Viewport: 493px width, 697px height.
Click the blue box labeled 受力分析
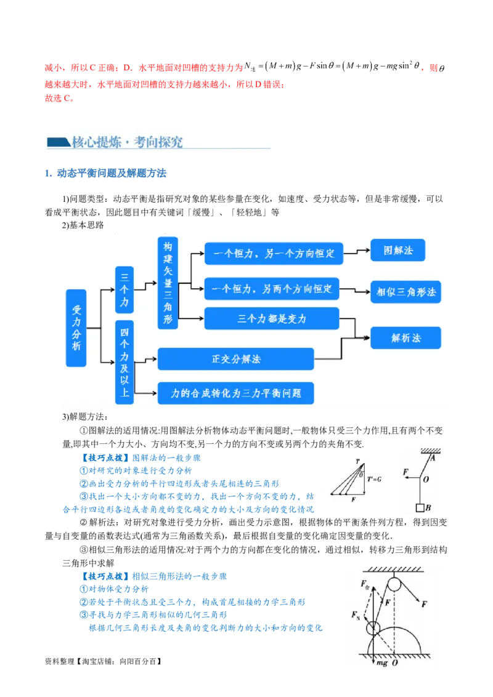[76, 328]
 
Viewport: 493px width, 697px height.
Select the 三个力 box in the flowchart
[124, 290]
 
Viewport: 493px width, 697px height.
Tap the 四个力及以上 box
[124, 362]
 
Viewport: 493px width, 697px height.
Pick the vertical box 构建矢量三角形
[168, 283]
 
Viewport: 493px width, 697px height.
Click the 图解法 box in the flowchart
[397, 250]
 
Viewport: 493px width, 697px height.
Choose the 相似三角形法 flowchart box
[405, 292]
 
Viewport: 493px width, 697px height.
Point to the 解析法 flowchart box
[405, 338]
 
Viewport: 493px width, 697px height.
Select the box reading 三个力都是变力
[271, 318]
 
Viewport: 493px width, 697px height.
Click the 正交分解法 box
[236, 359]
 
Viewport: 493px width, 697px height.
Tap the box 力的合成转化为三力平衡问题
[236, 393]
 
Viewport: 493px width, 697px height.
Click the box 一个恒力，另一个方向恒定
[274, 254]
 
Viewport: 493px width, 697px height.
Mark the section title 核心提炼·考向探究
[127, 142]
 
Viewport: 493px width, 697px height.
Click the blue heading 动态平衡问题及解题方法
[112, 174]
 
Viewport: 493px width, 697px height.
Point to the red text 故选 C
[59, 99]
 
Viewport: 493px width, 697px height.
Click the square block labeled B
[420, 507]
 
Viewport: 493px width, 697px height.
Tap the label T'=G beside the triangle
[374, 479]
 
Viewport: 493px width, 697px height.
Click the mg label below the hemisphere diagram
[381, 663]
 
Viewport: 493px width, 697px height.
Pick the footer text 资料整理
[60, 661]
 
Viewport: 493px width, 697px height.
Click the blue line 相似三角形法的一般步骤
[179, 576]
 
